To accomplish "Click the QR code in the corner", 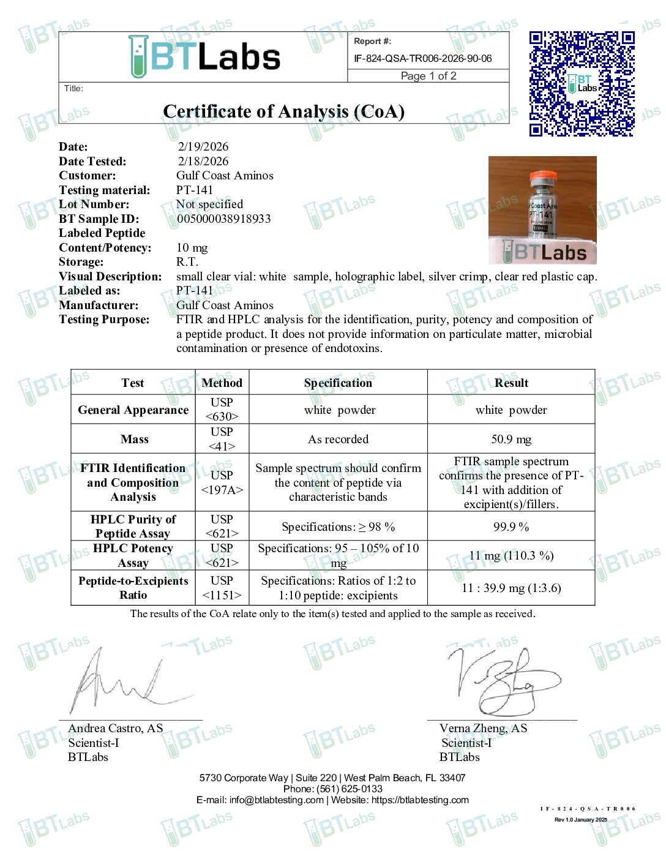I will point(582,83).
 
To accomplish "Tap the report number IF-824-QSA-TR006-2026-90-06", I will point(422,59).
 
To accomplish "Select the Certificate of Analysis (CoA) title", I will point(283,111).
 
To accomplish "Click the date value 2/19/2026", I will point(203,146).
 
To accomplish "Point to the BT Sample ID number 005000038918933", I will point(223,219).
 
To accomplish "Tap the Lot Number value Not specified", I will point(209,204).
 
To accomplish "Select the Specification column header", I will point(338,383).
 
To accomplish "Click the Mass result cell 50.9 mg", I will point(511,439).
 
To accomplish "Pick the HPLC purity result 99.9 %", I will point(511,527).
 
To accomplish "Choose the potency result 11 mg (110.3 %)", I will point(511,556).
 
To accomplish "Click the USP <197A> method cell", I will point(222,482).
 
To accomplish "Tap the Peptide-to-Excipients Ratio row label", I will point(133,588).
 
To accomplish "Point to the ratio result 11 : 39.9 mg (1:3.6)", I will point(511,588).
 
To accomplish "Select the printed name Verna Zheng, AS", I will point(483,729).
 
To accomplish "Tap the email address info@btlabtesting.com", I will point(276,800).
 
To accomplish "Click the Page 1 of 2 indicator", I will point(428,76).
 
